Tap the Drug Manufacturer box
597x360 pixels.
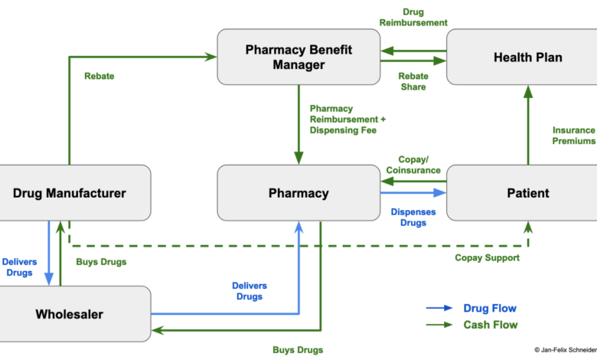70,192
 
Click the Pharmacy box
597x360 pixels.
298,192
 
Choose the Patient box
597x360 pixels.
527,192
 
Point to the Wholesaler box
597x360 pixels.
70,313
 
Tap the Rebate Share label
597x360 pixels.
413,81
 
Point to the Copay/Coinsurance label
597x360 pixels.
413,164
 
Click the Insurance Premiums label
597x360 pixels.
573,136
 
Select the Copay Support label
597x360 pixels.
488,258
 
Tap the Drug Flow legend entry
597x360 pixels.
490,309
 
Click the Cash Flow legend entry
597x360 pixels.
490,325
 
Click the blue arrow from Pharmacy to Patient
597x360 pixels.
413,194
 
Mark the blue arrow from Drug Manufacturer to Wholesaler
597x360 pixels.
49,252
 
